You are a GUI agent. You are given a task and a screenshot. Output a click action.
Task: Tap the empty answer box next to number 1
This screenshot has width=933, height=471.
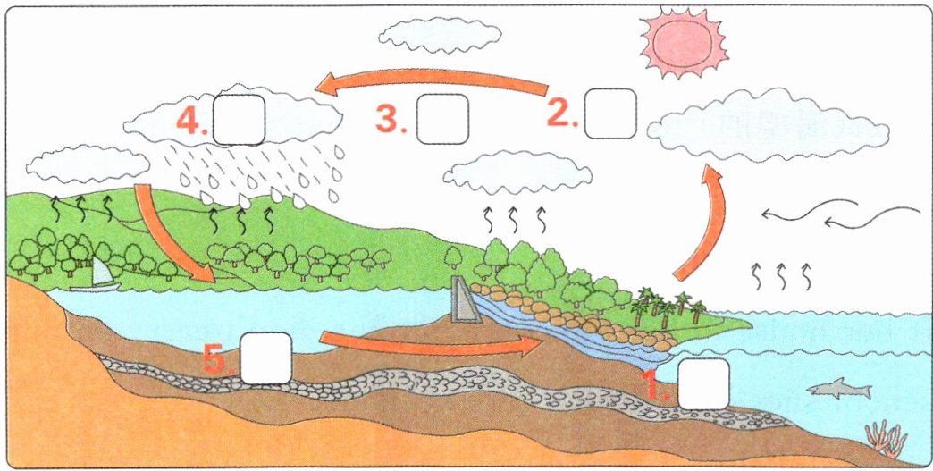tap(704, 383)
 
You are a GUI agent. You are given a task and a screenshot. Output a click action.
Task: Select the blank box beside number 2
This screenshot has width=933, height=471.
tap(610, 114)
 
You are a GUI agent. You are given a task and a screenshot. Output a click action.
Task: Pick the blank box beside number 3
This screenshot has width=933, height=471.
tap(443, 117)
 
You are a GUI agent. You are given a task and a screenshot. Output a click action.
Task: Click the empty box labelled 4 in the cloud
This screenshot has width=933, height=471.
tap(239, 118)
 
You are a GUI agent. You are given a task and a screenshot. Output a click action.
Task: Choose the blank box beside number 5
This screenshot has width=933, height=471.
tap(266, 357)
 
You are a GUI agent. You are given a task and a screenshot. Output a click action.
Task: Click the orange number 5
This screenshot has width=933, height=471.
tap(218, 360)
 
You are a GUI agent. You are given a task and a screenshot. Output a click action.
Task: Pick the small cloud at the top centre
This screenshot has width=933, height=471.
tap(439, 35)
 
